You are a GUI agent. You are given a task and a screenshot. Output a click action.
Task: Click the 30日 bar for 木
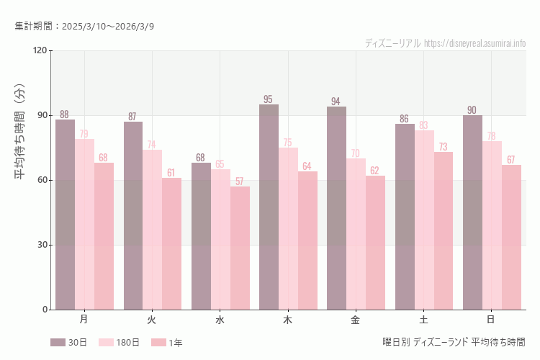(269, 207)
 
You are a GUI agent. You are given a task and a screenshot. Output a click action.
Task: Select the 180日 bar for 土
(424, 220)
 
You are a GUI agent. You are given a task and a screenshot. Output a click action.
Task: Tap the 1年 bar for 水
(240, 248)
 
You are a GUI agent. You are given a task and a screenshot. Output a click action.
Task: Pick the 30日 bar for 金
(336, 208)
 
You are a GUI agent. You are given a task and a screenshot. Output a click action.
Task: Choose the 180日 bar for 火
(152, 230)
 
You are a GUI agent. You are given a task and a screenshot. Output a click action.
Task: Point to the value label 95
(268, 99)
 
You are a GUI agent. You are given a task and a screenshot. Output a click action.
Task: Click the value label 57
(239, 181)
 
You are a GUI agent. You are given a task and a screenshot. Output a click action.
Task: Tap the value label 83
(424, 125)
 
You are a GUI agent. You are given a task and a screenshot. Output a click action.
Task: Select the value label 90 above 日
(472, 110)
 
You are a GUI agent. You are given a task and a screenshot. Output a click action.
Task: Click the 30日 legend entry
(68, 343)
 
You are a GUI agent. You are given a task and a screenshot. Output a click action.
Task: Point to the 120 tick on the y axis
(40, 50)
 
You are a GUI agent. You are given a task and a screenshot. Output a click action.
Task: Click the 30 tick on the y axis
(42, 245)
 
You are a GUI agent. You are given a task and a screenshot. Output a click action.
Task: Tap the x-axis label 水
(220, 319)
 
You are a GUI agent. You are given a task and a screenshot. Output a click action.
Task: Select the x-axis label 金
(356, 319)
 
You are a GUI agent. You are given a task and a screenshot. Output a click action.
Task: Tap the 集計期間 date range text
(84, 26)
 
